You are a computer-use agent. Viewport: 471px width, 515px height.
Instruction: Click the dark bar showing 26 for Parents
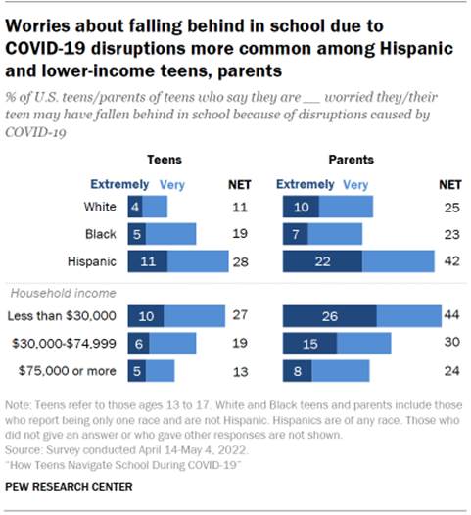point(328,314)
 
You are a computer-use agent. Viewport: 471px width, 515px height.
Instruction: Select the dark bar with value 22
point(322,261)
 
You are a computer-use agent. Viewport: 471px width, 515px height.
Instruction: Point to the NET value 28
point(240,261)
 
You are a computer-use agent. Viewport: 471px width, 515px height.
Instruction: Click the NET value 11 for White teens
point(240,207)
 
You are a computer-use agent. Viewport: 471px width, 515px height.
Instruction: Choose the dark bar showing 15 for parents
point(309,343)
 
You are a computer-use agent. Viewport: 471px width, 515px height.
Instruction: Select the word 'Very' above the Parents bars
point(356,183)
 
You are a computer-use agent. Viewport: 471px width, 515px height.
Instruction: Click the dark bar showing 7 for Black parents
point(295,234)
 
